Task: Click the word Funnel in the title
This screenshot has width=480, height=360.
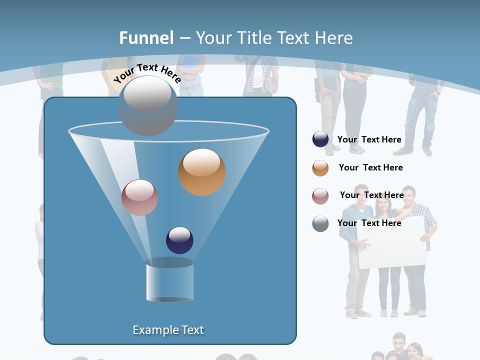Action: pyautogui.click(x=146, y=38)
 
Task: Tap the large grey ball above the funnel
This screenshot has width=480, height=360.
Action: pyautogui.click(x=148, y=105)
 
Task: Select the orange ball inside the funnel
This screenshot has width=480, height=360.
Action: pyautogui.click(x=202, y=172)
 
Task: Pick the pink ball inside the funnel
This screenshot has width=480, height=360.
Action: pyautogui.click(x=139, y=197)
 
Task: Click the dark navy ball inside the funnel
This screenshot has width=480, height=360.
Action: pyautogui.click(x=179, y=240)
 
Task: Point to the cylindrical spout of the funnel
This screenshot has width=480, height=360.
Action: pyautogui.click(x=169, y=281)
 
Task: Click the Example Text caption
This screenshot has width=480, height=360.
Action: pyautogui.click(x=168, y=330)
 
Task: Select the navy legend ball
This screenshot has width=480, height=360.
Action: pyautogui.click(x=320, y=139)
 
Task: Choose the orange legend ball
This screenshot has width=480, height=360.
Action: pyautogui.click(x=320, y=168)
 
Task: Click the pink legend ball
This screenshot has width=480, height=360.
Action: pyautogui.click(x=320, y=196)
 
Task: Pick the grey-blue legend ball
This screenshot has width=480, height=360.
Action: pyautogui.click(x=320, y=223)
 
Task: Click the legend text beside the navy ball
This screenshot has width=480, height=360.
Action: pyautogui.click(x=369, y=140)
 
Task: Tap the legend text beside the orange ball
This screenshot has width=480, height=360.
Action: pyautogui.click(x=370, y=168)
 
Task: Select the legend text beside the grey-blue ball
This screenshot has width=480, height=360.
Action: pyautogui.click(x=369, y=223)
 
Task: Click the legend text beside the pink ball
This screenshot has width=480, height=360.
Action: pyautogui.click(x=371, y=195)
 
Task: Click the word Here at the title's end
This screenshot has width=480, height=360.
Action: pyautogui.click(x=334, y=38)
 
